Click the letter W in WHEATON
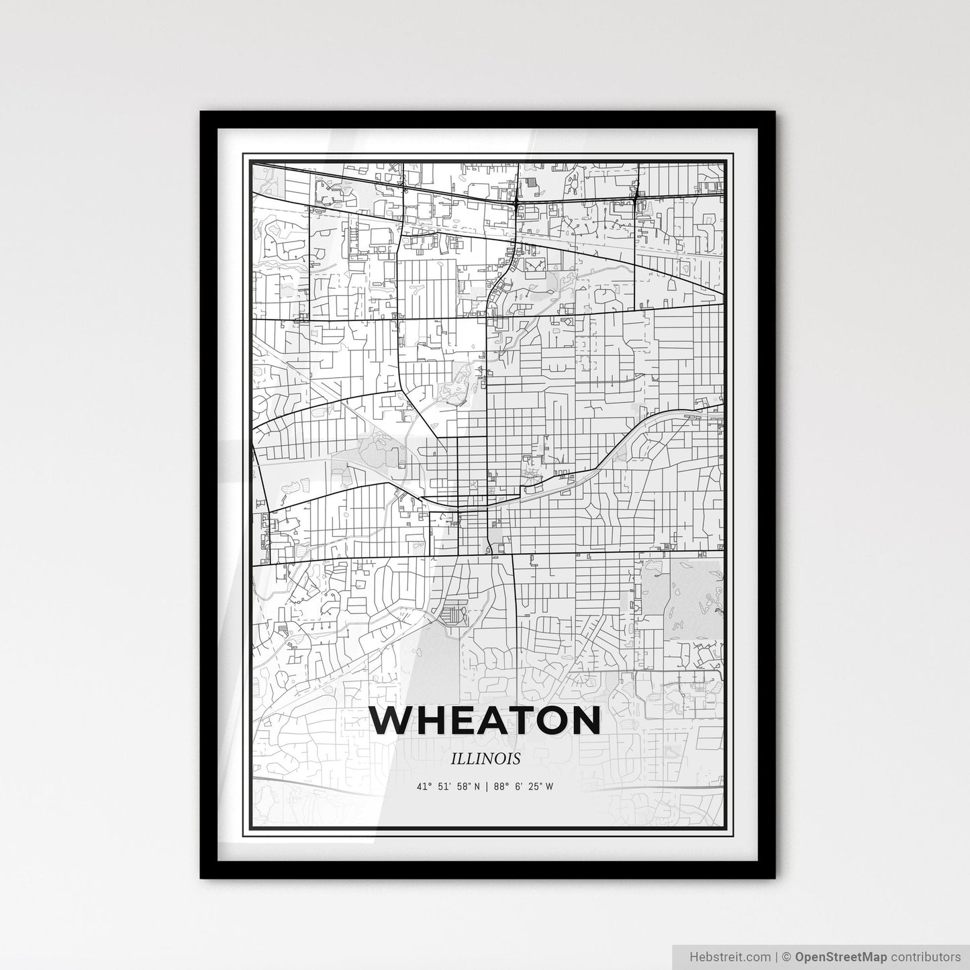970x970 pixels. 397,720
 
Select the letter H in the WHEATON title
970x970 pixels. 438,720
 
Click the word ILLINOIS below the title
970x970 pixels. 486,759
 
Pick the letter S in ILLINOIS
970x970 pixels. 517,759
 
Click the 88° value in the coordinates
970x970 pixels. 501,787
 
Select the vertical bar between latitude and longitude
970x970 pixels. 488,787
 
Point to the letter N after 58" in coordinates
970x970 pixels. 477,787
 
